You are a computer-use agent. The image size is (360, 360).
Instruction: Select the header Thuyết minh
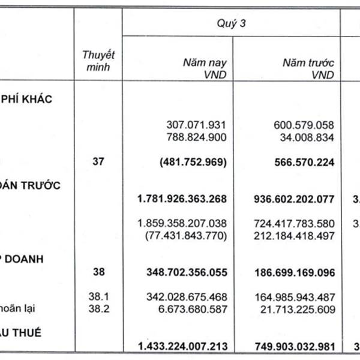tap(98, 60)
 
